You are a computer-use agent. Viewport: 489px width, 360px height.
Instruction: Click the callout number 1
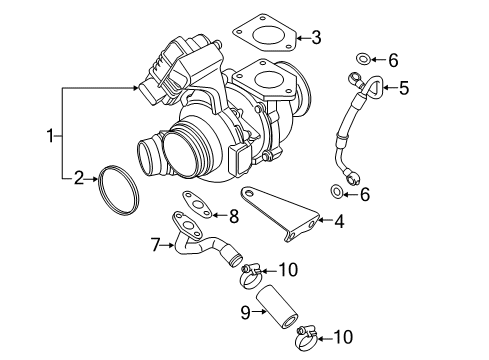50,136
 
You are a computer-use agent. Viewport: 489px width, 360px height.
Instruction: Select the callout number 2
79,178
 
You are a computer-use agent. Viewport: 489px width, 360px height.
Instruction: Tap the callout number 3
316,37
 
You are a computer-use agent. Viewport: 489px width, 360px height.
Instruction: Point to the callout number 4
339,221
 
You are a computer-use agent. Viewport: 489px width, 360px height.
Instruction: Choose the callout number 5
404,88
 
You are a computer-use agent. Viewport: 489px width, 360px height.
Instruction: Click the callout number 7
156,245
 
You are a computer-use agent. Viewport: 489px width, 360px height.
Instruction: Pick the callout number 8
234,216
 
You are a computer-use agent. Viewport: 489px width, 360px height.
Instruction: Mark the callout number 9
245,312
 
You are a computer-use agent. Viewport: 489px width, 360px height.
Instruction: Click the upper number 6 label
393,60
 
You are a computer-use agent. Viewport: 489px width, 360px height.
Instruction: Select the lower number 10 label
343,337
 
